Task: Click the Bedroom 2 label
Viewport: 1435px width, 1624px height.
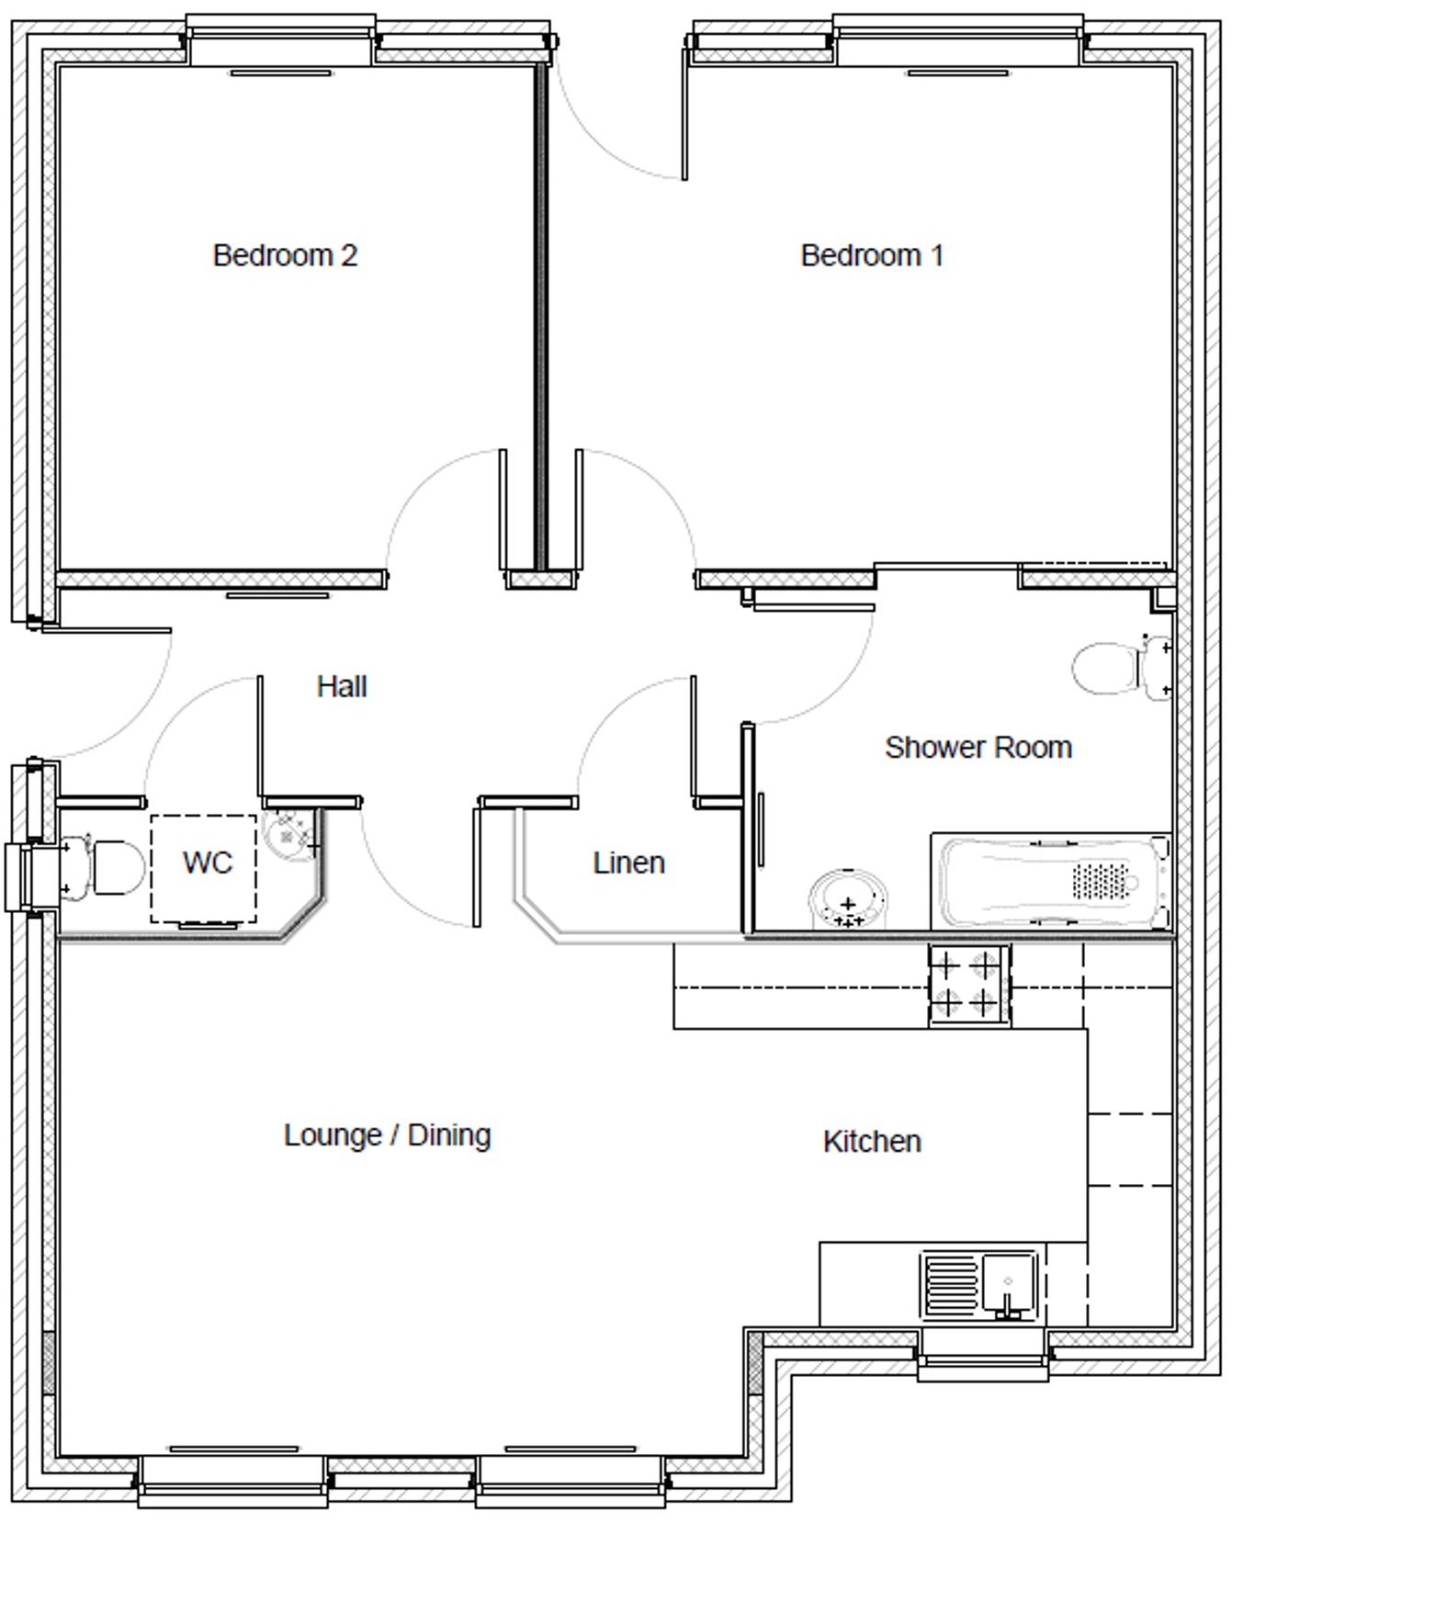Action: pos(285,255)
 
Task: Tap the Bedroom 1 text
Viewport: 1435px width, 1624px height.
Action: pos(872,255)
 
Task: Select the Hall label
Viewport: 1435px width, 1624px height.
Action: pos(342,686)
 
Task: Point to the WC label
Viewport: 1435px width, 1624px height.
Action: pos(207,863)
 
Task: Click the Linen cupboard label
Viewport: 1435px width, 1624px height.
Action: pos(628,863)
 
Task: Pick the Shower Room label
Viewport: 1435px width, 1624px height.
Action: pos(977,747)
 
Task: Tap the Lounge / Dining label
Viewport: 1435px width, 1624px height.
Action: pos(387,1135)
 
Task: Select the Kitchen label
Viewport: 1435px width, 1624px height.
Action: pos(872,1141)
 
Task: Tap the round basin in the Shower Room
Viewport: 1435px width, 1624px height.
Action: pos(847,899)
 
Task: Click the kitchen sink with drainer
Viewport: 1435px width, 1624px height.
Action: pos(979,1283)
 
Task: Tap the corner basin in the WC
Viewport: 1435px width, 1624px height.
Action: pos(289,834)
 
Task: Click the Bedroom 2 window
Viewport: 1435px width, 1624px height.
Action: pos(280,39)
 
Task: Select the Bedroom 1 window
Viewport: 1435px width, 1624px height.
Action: pos(957,39)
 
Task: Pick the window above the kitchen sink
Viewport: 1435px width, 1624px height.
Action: pos(982,1355)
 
